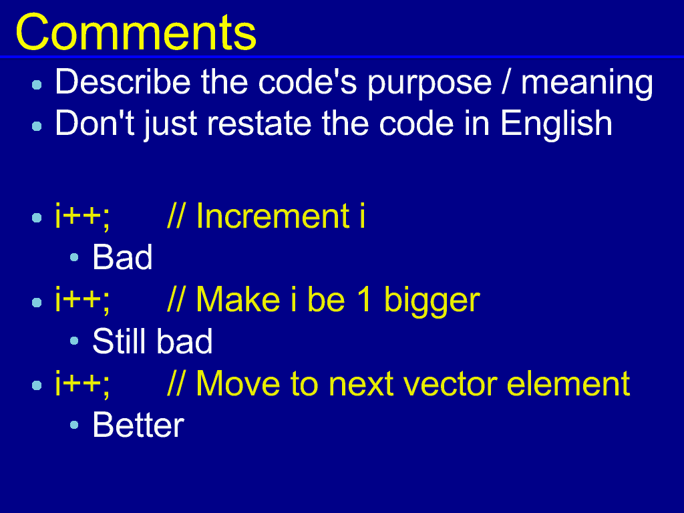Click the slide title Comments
pos(136,33)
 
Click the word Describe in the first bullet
pos(123,81)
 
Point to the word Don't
pos(95,123)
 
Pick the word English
pos(556,124)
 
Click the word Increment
pos(273,216)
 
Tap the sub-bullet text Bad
pos(123,257)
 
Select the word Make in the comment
pos(238,299)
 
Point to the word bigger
pos(432,301)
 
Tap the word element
pos(568,383)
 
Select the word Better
pos(138,425)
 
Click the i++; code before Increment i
pos(82,216)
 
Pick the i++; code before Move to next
pos(82,384)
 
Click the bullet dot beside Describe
pos(37,85)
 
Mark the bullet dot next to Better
pos(74,425)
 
